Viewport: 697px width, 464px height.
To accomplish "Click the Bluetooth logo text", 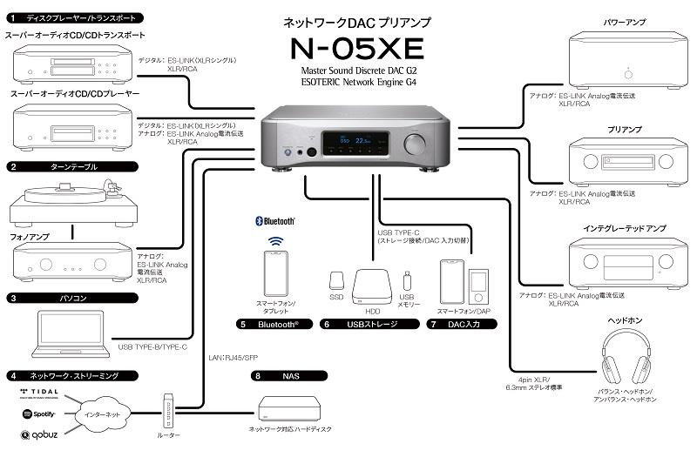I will click(x=274, y=221).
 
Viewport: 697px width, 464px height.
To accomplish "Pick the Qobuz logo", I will click(x=39, y=434).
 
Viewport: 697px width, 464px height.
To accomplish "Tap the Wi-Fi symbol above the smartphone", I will click(x=275, y=241).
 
